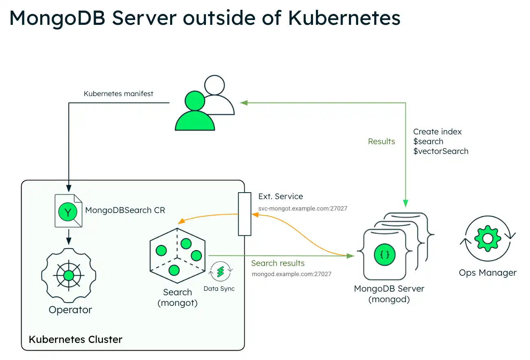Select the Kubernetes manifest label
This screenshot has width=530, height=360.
(x=118, y=94)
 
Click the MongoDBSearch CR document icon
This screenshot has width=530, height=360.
(x=68, y=211)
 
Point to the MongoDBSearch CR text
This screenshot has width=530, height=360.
(x=125, y=211)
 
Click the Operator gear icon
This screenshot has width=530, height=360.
(x=68, y=276)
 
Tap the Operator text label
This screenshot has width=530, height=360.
(x=70, y=310)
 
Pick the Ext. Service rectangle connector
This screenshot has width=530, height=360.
(x=245, y=214)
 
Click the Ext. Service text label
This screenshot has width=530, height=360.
(x=280, y=196)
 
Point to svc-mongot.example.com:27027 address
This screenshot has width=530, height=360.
(x=302, y=209)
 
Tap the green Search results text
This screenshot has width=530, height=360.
(x=278, y=263)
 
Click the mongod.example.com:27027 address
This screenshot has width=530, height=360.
(x=291, y=274)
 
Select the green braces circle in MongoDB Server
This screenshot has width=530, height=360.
(x=384, y=255)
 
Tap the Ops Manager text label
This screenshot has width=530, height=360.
(x=487, y=273)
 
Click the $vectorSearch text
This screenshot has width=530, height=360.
(x=440, y=151)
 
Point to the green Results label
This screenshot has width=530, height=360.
(x=381, y=142)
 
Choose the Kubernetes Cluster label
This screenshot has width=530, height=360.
(x=76, y=339)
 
